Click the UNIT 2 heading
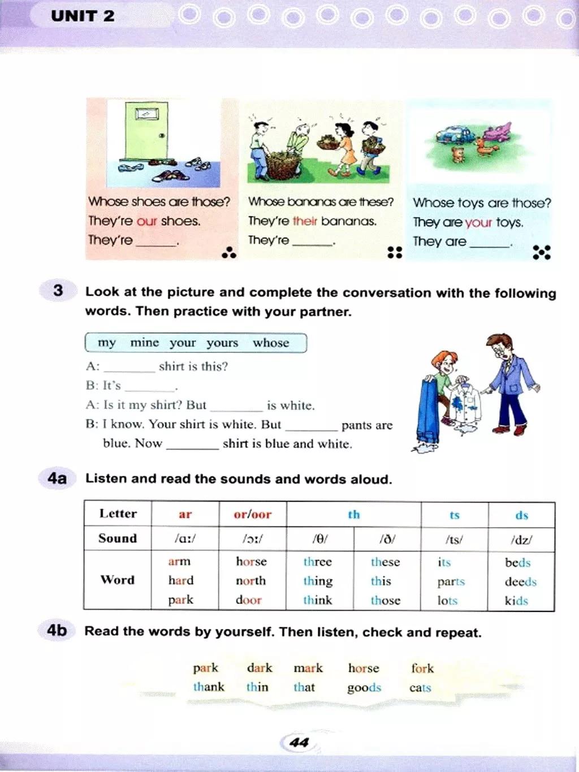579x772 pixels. (x=83, y=16)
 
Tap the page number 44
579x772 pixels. (x=299, y=742)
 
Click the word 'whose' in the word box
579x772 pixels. (x=271, y=343)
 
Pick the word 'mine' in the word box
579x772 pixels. (x=144, y=343)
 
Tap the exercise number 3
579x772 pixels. (x=58, y=291)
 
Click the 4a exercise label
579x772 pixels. (x=57, y=478)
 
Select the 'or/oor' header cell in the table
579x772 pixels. (x=252, y=515)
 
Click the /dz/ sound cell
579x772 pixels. (x=521, y=540)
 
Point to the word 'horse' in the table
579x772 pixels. (x=251, y=562)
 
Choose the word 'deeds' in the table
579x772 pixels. (x=520, y=581)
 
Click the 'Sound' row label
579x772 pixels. (x=118, y=538)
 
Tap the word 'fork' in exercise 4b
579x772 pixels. (x=422, y=669)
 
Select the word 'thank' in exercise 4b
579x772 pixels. (x=209, y=687)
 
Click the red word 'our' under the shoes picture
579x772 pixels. (x=146, y=221)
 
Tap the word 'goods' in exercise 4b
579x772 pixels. (x=364, y=688)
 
